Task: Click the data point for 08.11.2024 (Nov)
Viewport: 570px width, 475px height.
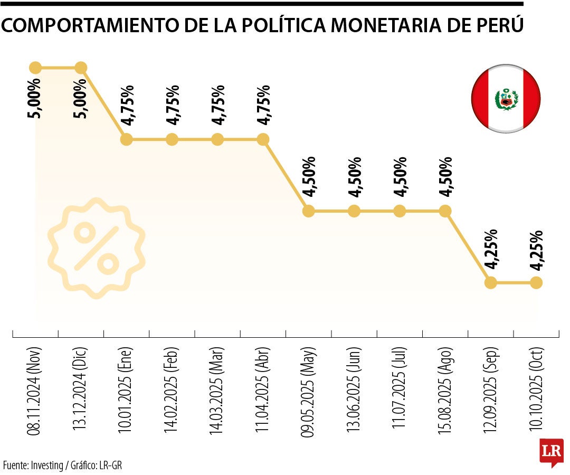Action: pos(35,68)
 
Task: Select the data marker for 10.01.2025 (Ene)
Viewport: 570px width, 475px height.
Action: pos(126,139)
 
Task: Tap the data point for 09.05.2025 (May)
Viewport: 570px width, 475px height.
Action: pos(309,211)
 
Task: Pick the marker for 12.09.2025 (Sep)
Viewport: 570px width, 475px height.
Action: pos(491,283)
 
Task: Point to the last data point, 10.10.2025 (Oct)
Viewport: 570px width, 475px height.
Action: pos(536,283)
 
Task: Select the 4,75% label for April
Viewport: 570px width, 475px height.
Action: pos(263,104)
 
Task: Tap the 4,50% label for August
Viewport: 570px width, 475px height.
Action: pos(445,176)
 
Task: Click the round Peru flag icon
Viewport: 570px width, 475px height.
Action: pos(506,99)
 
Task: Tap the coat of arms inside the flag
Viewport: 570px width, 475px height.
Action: pos(506,99)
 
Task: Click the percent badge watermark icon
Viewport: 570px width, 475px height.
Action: pos(96,248)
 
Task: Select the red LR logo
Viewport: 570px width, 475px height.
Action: pos(551,452)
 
